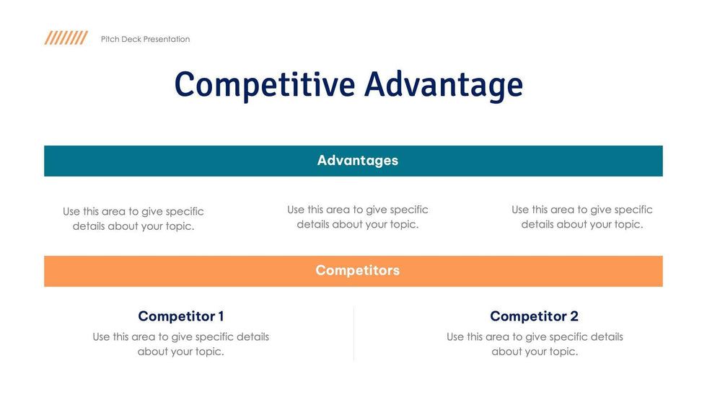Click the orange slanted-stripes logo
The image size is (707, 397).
66,38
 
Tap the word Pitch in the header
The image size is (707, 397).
110,40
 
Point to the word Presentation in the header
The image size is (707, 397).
167,40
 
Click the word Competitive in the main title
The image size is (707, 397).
265,85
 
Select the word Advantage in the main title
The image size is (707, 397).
443,85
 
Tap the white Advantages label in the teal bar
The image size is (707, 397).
357,161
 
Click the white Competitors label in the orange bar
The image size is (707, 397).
357,271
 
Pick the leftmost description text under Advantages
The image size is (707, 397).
133,219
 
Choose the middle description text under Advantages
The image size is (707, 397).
357,217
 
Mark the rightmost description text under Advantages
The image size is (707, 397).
581,217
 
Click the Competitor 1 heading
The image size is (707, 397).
180,316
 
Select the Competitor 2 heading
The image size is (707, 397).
534,316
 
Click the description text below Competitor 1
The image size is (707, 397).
180,344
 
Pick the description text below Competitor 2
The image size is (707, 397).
534,344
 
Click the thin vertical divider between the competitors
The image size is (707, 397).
353,333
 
